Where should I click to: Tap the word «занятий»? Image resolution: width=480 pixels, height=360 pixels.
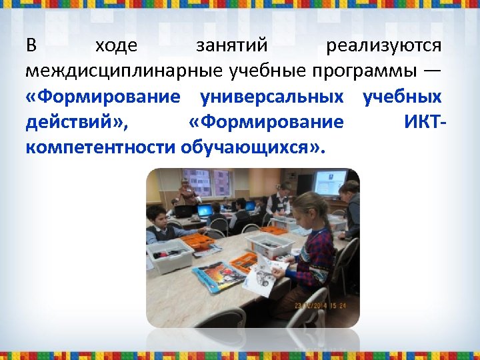click(232, 46)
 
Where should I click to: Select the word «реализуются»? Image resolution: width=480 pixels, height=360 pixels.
click(384, 46)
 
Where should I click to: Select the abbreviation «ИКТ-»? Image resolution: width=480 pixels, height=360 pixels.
click(425, 122)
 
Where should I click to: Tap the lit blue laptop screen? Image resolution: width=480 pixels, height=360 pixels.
click(204, 211)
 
